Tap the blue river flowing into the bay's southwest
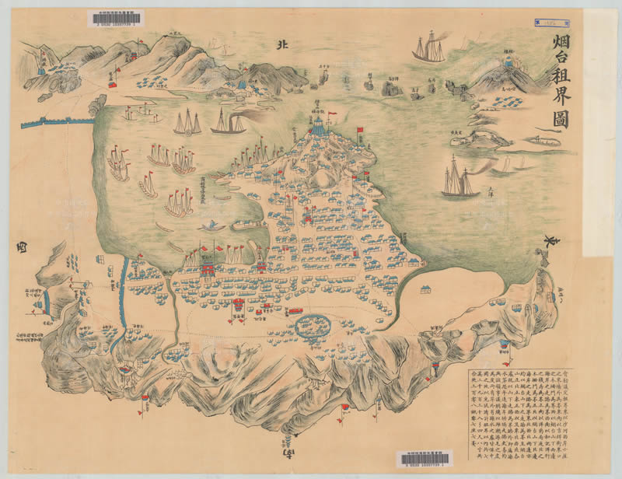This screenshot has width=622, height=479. (122, 295)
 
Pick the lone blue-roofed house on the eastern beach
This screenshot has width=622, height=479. (425, 290)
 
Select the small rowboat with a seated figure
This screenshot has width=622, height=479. (210, 226)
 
